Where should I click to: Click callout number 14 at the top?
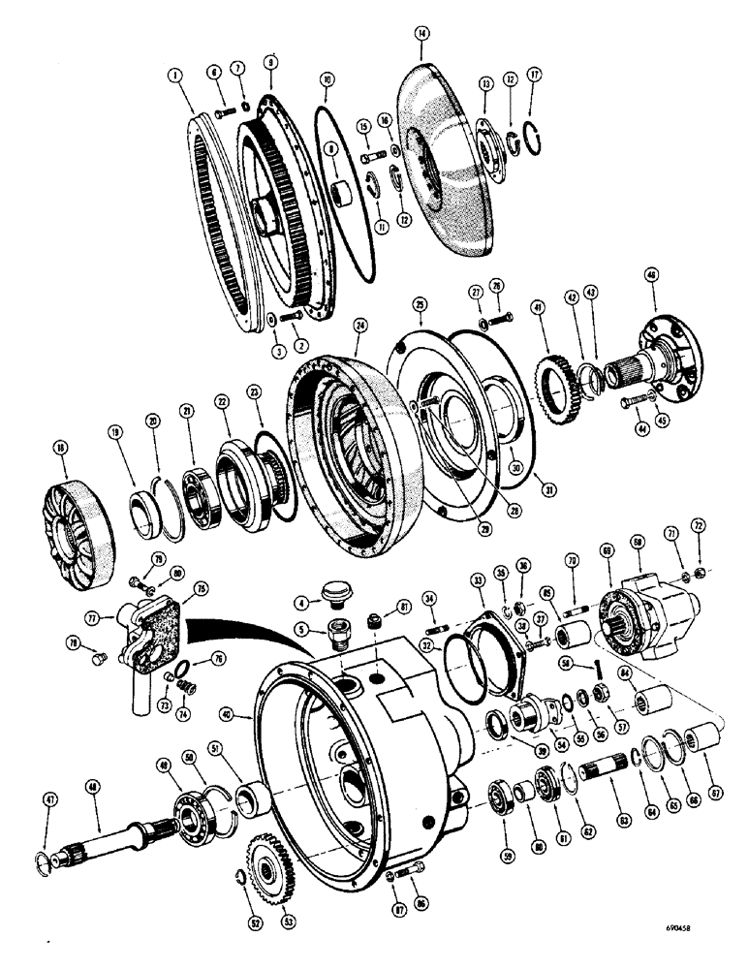[x=421, y=33]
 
